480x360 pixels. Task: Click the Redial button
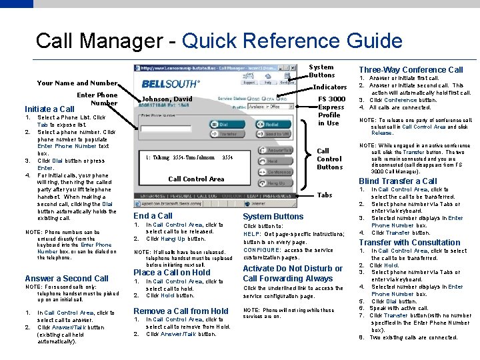tap(273, 124)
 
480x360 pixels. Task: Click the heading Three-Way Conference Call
tap(411, 69)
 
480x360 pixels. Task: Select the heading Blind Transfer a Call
tap(398, 181)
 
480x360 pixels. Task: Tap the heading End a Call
tap(153, 215)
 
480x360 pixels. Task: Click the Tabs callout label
tap(324, 195)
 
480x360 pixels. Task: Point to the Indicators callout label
tap(329, 87)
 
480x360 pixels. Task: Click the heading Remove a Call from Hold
tap(181, 311)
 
